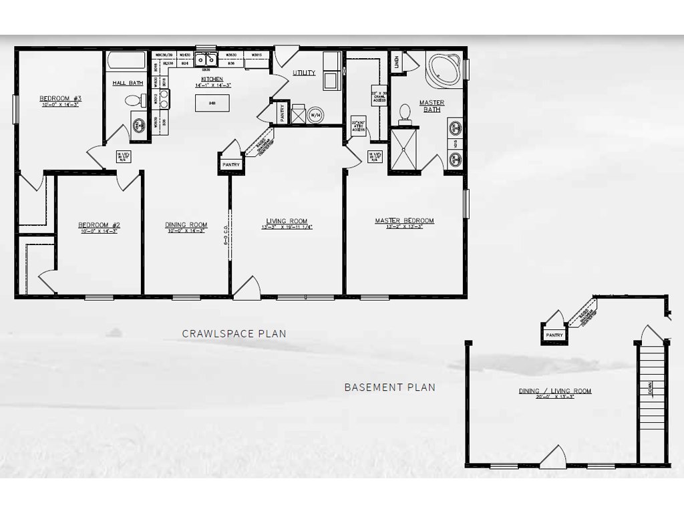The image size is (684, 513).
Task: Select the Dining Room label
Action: (186, 224)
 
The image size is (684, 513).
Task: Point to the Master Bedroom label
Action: (404, 220)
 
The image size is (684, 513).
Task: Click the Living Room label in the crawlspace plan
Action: (287, 221)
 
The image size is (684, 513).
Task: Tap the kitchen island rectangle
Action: (212, 103)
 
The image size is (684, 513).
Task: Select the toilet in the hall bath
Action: (134, 101)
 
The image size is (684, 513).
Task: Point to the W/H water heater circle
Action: (315, 114)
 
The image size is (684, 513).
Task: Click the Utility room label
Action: (303, 73)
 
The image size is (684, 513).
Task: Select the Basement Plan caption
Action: (389, 387)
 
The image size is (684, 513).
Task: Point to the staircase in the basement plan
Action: (651, 401)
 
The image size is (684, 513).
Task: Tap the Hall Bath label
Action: (127, 83)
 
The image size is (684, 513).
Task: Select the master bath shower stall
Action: (403, 150)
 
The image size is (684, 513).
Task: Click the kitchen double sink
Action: (205, 60)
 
